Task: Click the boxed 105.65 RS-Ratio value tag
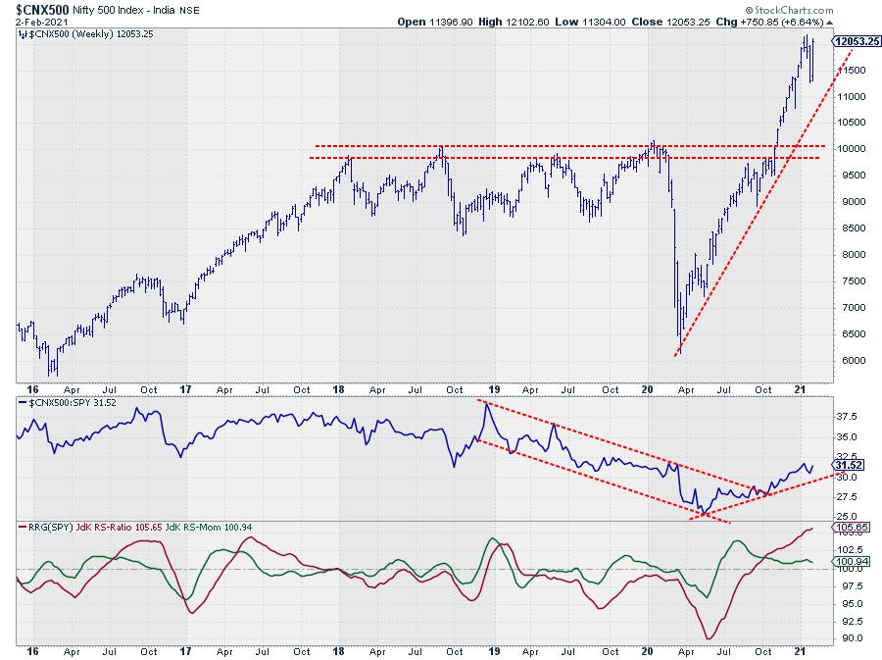coord(848,527)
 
